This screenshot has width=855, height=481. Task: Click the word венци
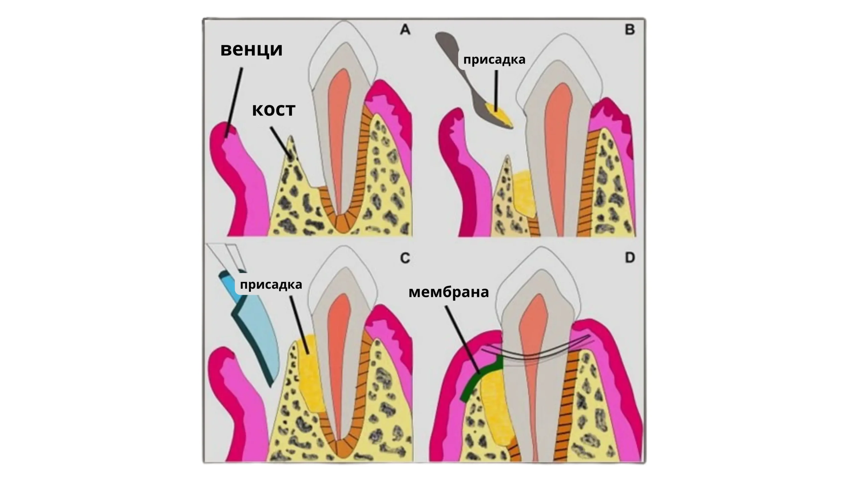251,50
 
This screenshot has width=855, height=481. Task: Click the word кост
274,110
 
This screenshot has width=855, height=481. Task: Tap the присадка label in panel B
494,60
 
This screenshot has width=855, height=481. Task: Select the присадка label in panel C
271,285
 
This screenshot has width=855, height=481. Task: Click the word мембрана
449,292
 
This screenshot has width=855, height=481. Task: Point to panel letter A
405,30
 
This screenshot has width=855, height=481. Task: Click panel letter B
630,30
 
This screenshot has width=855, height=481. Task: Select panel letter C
405,258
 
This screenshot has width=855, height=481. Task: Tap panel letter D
630,258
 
